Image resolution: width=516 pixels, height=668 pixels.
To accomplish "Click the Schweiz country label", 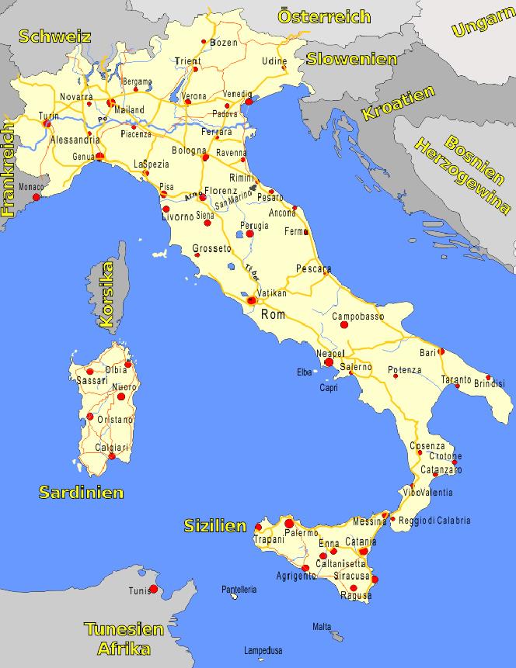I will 56,36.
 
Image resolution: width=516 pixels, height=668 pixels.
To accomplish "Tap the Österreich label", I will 324,17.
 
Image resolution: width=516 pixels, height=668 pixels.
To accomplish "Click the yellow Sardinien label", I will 82,492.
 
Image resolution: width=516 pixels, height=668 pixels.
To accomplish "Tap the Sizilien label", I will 215,525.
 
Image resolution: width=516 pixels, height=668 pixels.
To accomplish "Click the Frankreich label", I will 9,167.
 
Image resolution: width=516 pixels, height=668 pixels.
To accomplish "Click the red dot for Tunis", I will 153,590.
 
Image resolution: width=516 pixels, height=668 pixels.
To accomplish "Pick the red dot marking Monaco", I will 36,197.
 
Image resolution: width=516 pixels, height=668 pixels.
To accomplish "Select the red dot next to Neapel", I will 329,362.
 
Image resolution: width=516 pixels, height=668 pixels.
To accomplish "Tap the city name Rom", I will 274,314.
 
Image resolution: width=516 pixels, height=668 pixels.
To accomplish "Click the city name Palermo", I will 302,533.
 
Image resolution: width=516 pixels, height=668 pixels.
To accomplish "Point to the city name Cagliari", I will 111,448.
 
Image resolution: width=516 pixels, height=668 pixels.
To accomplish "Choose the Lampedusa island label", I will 263,650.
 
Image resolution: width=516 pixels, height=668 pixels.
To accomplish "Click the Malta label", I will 322,626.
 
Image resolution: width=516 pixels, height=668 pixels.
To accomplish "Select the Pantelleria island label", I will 239,590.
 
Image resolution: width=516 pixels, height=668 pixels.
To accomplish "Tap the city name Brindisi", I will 489,383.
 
